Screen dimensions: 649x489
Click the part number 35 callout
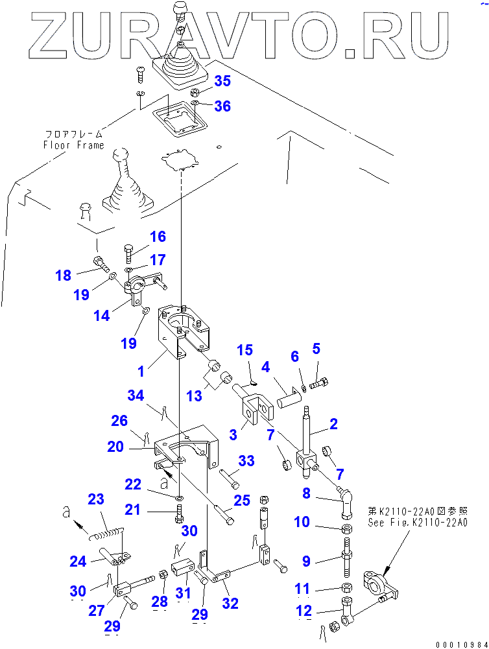click(x=222, y=82)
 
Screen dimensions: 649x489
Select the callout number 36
click(x=222, y=106)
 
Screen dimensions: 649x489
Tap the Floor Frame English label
click(x=73, y=145)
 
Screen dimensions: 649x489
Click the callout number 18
click(x=63, y=275)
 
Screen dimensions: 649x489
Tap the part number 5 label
click(x=316, y=349)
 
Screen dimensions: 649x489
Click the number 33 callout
click(x=245, y=460)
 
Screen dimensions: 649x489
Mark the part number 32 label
click(x=230, y=604)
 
